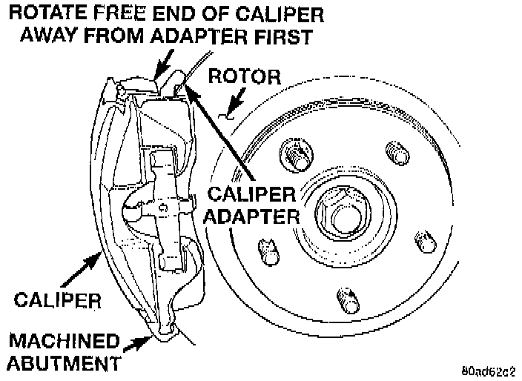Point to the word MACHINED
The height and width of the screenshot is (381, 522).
64,342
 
